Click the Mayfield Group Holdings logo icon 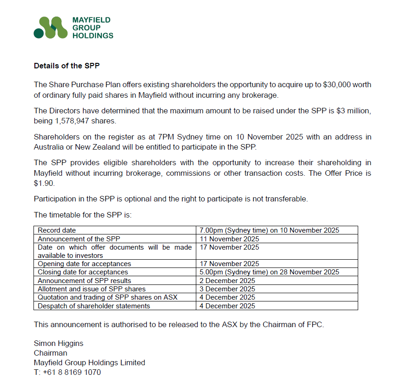[x=50, y=28]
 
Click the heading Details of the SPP [x=66, y=66]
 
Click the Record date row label [x=57, y=230]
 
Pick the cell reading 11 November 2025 [x=229, y=239]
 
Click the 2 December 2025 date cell [x=227, y=280]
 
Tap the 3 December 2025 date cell [x=227, y=289]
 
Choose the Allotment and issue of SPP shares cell [x=91, y=289]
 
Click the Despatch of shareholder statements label [x=94, y=306]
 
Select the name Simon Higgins [x=59, y=343]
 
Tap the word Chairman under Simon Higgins [x=50, y=353]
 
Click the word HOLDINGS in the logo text [x=93, y=35]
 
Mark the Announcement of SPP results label [x=84, y=280]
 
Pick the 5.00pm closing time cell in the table [x=269, y=272]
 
